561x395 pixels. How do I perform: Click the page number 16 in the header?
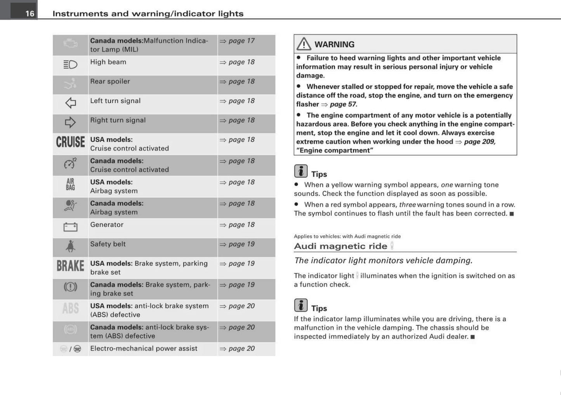pos(30,14)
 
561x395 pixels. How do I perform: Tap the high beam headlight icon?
pos(70,64)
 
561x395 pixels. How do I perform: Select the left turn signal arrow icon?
pos(70,103)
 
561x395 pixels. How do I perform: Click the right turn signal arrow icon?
pos(70,122)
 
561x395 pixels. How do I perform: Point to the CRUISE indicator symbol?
pos(70,142)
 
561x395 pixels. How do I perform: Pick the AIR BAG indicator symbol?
pos(70,185)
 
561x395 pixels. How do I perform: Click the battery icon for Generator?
pos(70,227)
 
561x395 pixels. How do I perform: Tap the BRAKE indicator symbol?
pos(70,266)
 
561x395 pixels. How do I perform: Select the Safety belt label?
pos(108,244)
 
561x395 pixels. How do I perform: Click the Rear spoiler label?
pos(110,81)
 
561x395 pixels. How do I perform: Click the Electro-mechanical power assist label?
pos(144,348)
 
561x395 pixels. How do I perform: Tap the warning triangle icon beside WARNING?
pos(304,44)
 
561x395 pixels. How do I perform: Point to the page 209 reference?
pos(479,141)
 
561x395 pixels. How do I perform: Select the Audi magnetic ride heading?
pos(340,246)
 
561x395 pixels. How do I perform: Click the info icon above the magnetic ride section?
pos(300,171)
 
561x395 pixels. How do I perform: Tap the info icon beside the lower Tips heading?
pos(300,305)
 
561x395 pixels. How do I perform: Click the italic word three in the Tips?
pos(407,205)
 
